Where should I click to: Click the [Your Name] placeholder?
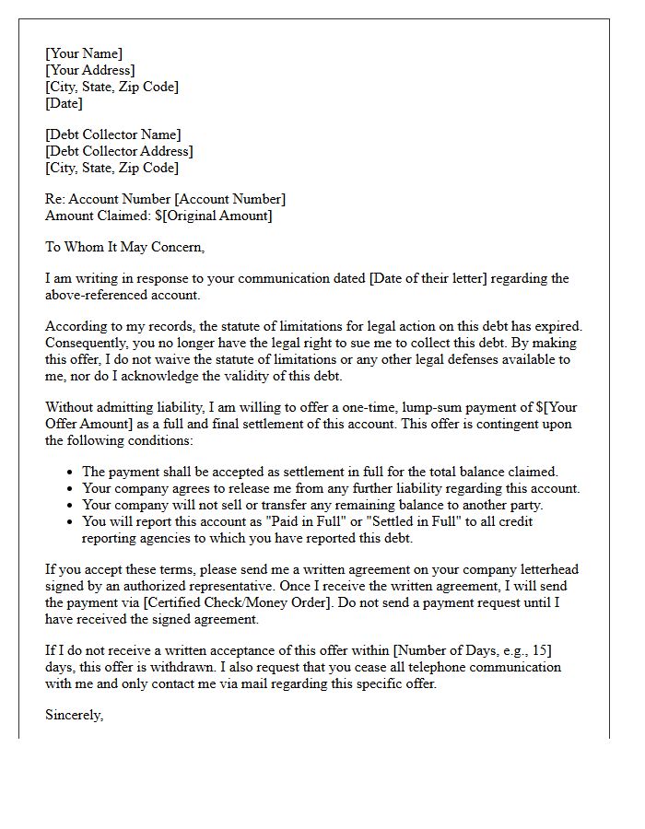point(84,53)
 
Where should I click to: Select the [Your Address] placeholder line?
point(90,70)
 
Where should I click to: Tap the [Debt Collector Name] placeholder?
point(113,134)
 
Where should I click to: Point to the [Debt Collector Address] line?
point(120,151)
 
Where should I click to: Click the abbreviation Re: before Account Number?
point(56,199)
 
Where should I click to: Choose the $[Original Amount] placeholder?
point(214,216)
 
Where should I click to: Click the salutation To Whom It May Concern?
point(124,247)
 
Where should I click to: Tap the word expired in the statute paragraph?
point(557,326)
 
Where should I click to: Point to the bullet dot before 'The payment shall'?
point(71,473)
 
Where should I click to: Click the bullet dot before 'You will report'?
point(71,522)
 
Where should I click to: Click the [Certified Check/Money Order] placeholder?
point(230,602)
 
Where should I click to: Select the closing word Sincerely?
point(74,715)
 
